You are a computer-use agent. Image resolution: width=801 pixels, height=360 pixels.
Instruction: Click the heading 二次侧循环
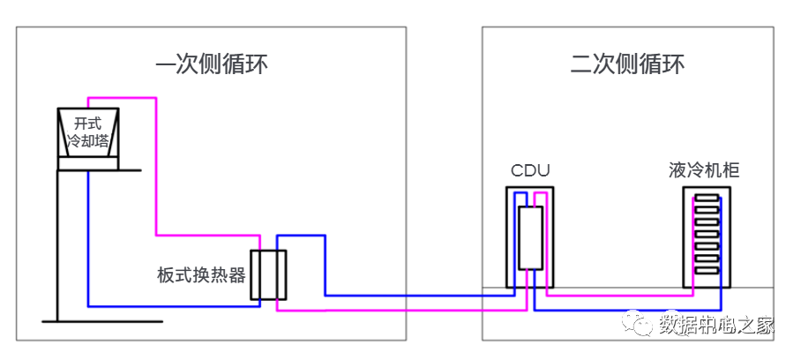point(627,64)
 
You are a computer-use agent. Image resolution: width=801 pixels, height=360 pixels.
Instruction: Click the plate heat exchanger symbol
point(268,275)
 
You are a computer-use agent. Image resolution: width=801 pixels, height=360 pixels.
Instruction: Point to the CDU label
point(530,170)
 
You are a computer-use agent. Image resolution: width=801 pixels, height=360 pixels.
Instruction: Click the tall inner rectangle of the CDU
point(530,237)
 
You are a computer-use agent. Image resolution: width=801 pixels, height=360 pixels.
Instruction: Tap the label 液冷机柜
point(704,170)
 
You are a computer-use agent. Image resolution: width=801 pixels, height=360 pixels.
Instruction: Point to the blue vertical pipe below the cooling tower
point(88,238)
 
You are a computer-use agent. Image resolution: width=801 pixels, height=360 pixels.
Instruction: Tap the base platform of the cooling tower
point(88,163)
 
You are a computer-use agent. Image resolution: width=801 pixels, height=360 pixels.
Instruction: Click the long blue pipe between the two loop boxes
point(415,296)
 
